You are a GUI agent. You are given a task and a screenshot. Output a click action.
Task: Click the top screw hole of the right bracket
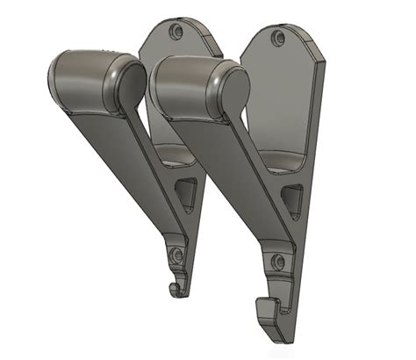279,37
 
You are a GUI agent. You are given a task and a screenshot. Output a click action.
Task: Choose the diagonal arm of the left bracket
132,158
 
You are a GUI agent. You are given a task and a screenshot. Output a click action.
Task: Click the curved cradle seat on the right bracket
283,160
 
